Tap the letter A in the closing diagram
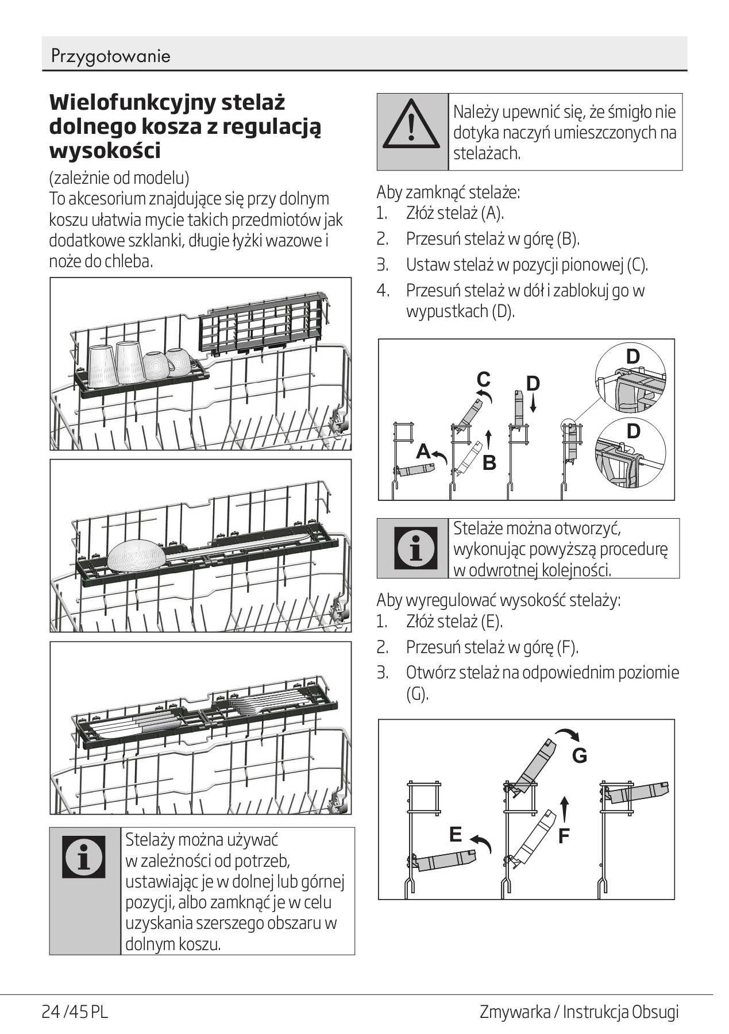[x=423, y=452]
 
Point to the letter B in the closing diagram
[x=489, y=462]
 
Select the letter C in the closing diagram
[x=483, y=380]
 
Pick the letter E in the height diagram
[x=456, y=834]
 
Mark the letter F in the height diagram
[x=564, y=836]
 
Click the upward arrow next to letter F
[x=565, y=809]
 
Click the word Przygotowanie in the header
[x=110, y=56]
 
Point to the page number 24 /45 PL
[x=75, y=1012]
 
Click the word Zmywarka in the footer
[x=514, y=1012]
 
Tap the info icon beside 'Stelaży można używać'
[x=84, y=856]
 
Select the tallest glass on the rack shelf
[x=130, y=362]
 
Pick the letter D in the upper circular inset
[x=632, y=357]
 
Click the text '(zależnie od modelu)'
[x=119, y=177]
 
